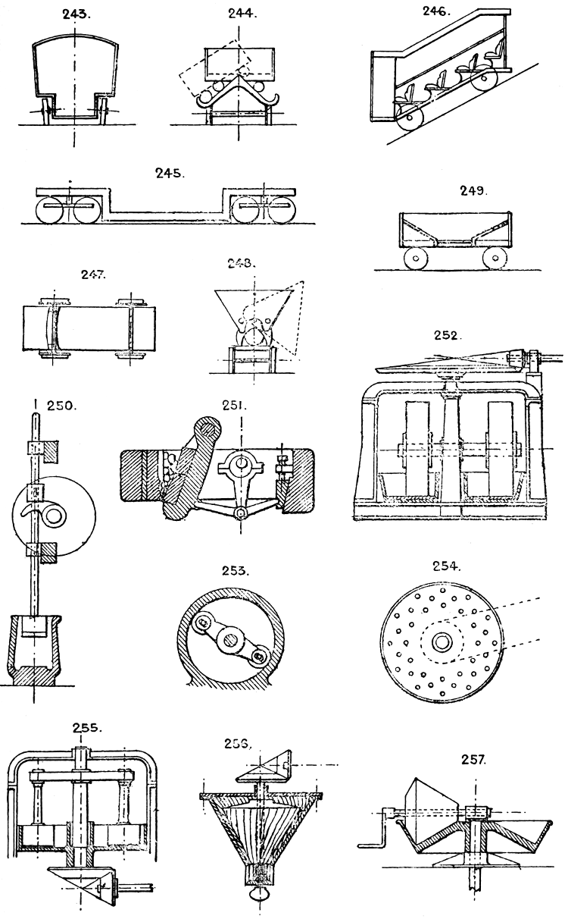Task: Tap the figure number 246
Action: pos(437,11)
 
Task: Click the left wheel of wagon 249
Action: pos(416,259)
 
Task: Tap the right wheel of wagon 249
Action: pos(495,259)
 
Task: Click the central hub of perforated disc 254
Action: pos(442,643)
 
